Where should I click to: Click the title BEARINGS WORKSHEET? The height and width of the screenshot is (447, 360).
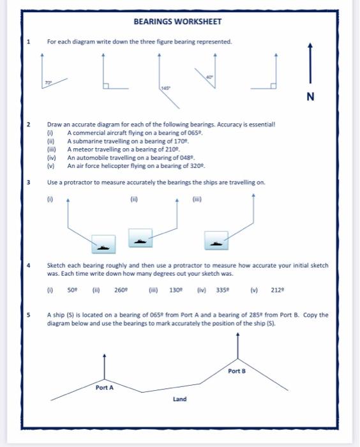coord(177,22)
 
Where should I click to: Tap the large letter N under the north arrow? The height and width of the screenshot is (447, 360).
coord(310,97)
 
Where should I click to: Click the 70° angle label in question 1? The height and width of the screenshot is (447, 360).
coord(49,82)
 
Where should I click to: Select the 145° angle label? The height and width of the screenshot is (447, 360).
coord(165,88)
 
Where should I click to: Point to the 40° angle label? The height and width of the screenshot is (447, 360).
coord(209,77)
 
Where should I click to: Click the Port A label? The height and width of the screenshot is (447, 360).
coord(105,388)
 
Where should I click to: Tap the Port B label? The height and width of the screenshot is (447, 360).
coord(236,371)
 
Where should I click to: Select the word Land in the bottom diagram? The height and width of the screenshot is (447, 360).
coord(180,399)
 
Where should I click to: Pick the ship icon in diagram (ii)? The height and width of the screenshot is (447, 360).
coord(140,239)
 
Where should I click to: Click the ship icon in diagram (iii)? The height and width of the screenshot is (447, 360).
coord(216,243)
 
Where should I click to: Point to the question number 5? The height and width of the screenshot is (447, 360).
coord(28,315)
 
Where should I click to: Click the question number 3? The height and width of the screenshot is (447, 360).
coord(28,182)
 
